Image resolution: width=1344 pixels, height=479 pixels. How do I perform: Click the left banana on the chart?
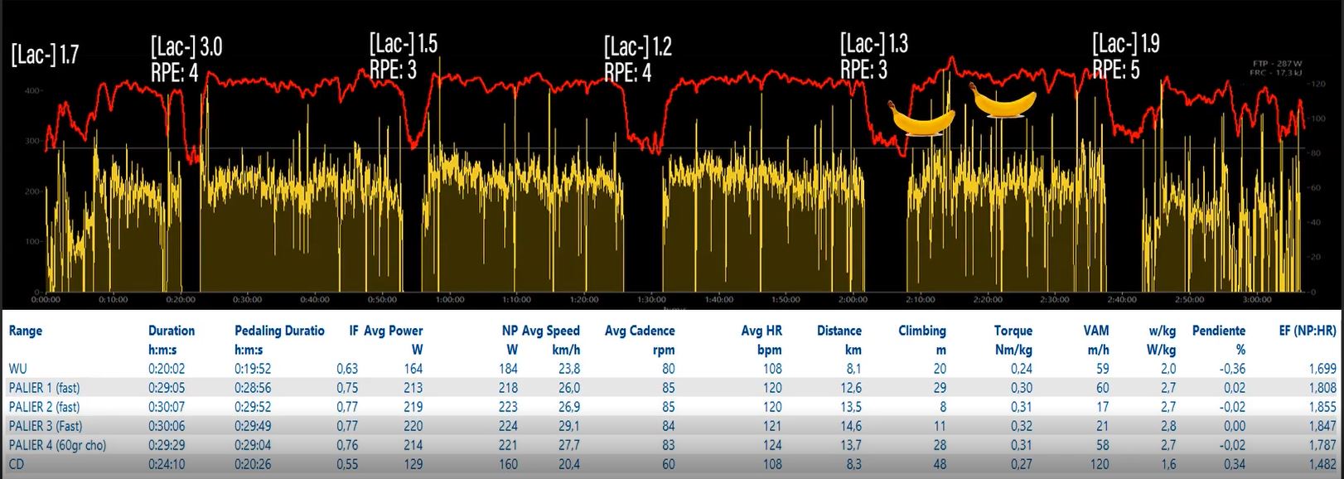(921, 119)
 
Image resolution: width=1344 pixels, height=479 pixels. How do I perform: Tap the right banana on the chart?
(1003, 101)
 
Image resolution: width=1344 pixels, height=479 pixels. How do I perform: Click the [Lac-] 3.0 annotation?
(186, 46)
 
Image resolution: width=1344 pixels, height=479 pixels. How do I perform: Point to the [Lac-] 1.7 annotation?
(45, 55)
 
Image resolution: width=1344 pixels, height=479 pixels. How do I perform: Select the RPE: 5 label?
(1115, 70)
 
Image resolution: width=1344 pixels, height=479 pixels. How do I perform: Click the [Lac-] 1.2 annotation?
(637, 46)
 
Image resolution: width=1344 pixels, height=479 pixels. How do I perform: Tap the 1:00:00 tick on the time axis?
(449, 299)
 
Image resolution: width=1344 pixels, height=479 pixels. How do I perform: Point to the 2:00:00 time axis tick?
(853, 299)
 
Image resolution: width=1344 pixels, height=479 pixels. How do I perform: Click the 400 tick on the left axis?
(32, 90)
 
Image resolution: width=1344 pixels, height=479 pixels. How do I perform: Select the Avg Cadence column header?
(640, 331)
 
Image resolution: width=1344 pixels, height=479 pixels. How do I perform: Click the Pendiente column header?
(1218, 331)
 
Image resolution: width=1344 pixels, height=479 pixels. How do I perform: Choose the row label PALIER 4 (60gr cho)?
(57, 445)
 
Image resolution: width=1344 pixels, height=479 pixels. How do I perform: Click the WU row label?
(17, 369)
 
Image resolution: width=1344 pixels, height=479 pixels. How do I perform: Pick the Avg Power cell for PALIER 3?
(413, 426)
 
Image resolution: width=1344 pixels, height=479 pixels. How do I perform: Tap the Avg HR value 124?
(772, 445)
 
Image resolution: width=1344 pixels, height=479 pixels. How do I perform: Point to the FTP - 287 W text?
(1279, 63)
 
